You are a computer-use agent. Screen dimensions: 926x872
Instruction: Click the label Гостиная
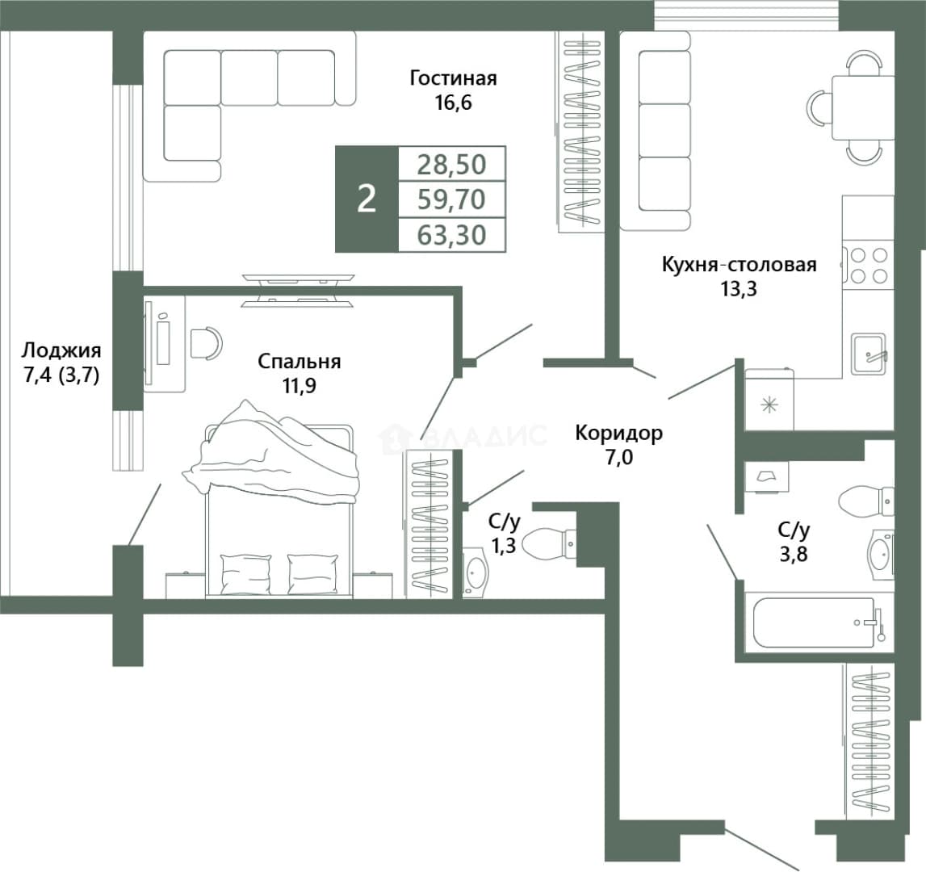pos(453,78)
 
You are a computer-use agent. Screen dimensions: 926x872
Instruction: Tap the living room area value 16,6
pos(454,103)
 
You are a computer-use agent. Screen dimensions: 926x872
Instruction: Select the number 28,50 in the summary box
pos(452,164)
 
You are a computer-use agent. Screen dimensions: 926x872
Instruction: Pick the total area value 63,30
pos(452,235)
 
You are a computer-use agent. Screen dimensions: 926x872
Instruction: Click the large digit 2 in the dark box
pos(367,199)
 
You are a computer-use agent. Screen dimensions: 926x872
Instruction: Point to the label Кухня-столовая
pos(739,264)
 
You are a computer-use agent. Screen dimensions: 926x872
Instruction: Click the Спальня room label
pos(300,361)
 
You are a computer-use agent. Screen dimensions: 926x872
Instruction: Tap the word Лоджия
pos(61,350)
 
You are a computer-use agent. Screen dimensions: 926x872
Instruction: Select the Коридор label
pos(619,433)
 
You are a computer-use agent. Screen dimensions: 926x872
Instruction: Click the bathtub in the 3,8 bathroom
pos(814,622)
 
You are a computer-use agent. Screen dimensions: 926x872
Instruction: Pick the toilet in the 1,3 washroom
pos(549,543)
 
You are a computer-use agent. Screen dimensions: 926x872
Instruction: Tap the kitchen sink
pos(868,354)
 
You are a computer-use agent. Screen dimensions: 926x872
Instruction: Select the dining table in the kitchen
pos(863,107)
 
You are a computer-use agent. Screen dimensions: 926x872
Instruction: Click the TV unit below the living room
pos(298,290)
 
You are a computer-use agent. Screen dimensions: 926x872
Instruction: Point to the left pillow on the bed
pos(245,572)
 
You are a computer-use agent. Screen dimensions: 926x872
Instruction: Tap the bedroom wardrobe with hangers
pos(429,523)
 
